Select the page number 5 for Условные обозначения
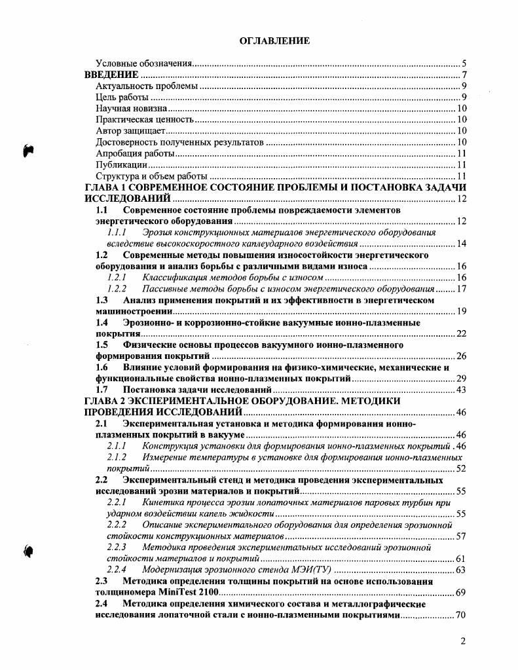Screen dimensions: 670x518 click(x=463, y=64)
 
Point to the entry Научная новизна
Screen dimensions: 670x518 click(x=131, y=109)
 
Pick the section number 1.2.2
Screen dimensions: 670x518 click(x=117, y=289)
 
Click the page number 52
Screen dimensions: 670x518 click(x=460, y=469)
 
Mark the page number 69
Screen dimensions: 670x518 click(x=460, y=593)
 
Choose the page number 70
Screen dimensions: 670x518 click(x=460, y=616)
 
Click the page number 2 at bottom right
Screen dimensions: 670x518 click(x=462, y=642)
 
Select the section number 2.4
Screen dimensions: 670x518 click(x=102, y=604)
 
